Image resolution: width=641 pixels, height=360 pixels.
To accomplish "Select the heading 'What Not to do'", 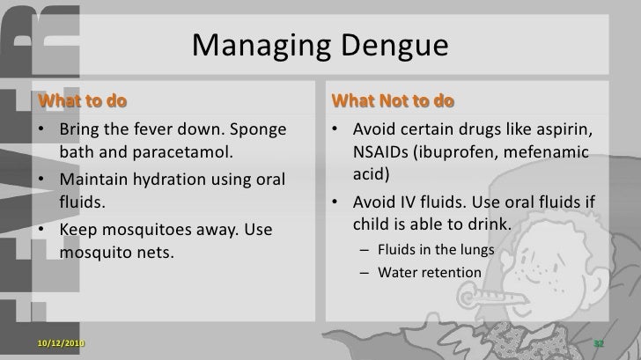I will [392, 99].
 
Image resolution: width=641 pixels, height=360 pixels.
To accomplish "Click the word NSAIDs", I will [384, 153].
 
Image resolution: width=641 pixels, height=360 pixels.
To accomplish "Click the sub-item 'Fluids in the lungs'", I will [435, 249].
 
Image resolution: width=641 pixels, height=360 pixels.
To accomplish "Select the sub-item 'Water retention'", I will [430, 272].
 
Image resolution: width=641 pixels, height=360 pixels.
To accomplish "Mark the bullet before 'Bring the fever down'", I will [43, 131].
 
